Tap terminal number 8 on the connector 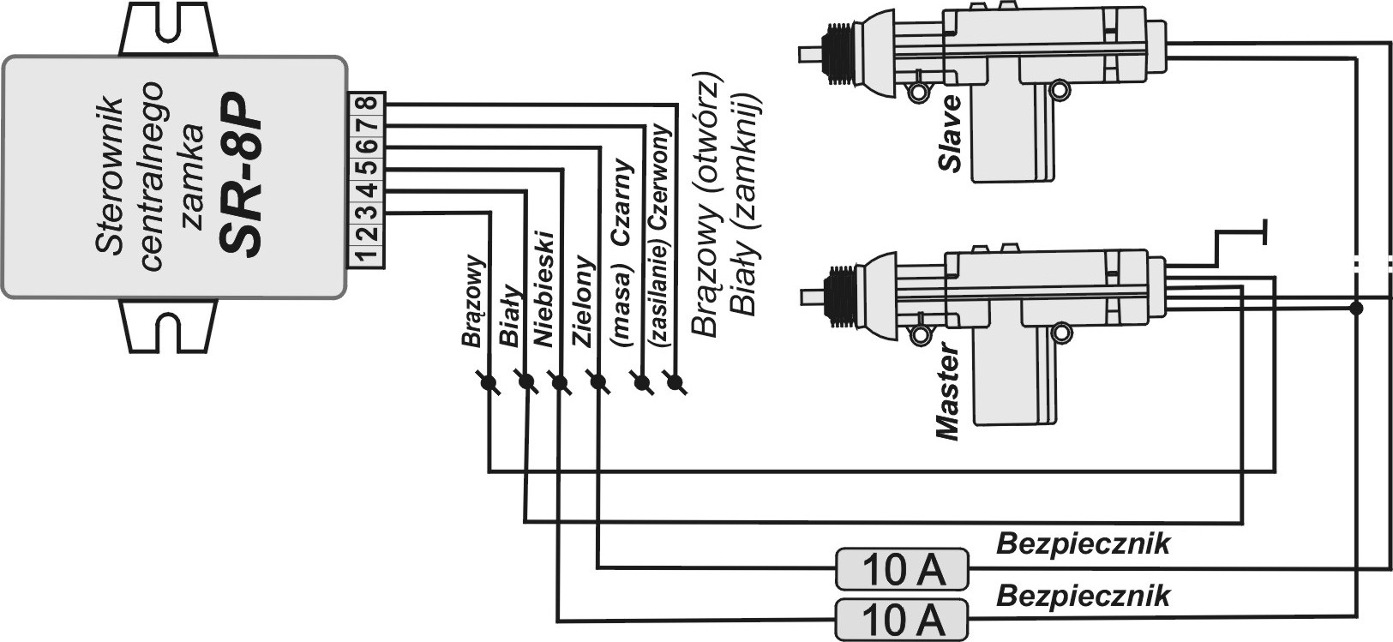pyautogui.click(x=367, y=104)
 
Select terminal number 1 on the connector pyautogui.click(x=367, y=254)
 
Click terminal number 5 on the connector pyautogui.click(x=367, y=168)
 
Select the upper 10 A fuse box pyautogui.click(x=901, y=568)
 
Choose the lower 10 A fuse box pyautogui.click(x=901, y=618)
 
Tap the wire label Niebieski pyautogui.click(x=545, y=287)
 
